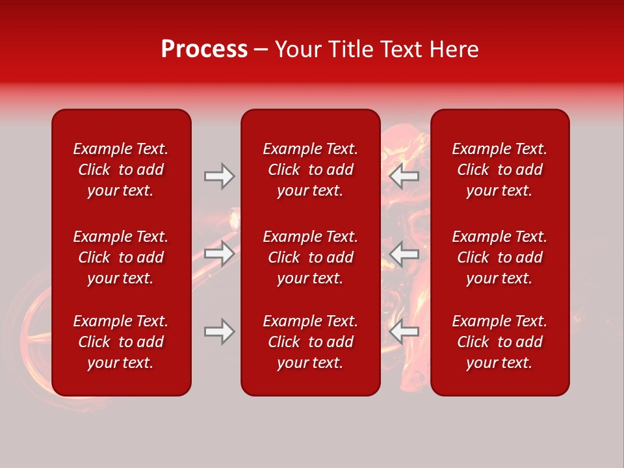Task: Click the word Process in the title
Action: coord(204,49)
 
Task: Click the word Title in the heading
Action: coord(352,49)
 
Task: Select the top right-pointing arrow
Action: coord(219,176)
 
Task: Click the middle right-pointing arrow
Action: coord(219,253)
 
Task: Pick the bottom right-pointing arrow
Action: coord(219,331)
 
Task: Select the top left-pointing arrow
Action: coord(404,176)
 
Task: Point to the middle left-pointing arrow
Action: coord(404,253)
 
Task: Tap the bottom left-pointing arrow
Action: coord(404,331)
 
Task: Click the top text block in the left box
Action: coord(121,170)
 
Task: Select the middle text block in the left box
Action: coord(121,257)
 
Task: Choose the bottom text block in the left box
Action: coord(121,342)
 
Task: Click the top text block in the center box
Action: coord(310,170)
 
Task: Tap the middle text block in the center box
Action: coord(310,257)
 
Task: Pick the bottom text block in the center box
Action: coord(310,342)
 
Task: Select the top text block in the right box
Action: coord(499,170)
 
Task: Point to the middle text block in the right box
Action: coord(499,257)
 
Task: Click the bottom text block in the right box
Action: coord(499,342)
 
